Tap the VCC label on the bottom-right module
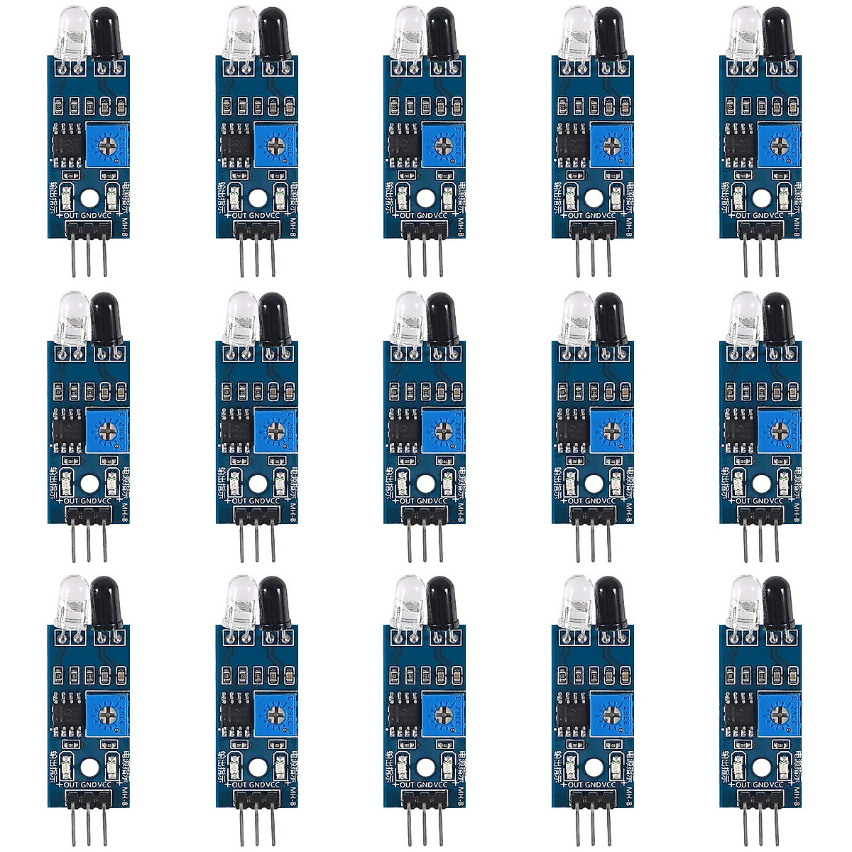pyautogui.click(x=777, y=784)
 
